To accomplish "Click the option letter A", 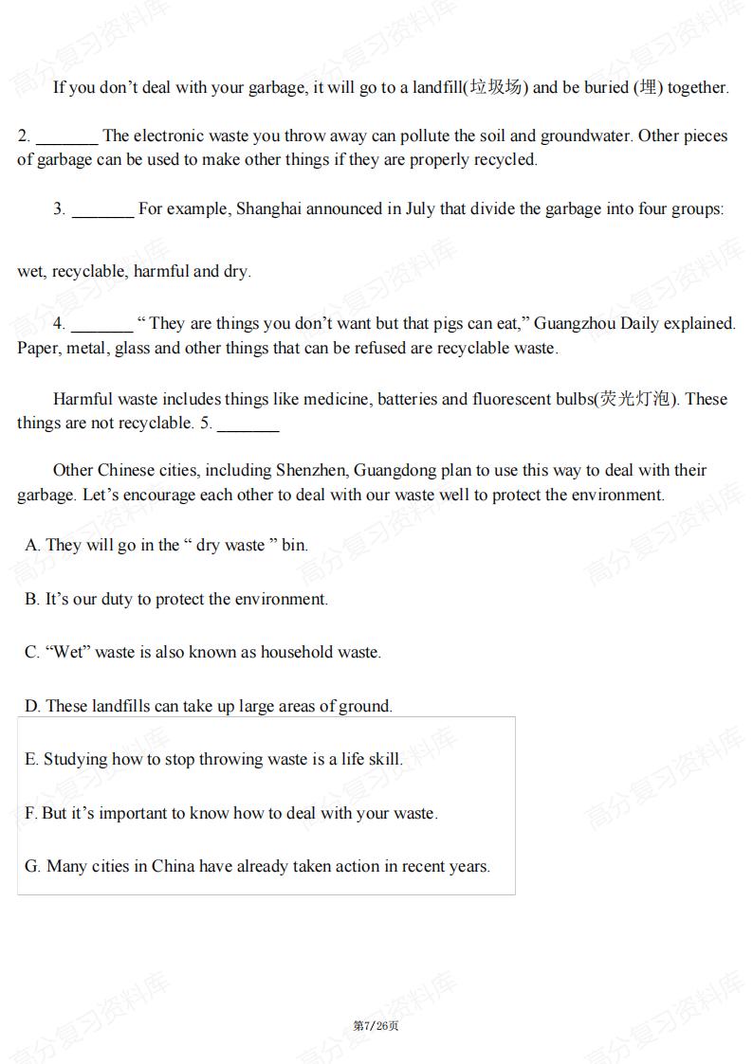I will pos(31,545).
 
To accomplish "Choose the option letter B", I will pos(31,599).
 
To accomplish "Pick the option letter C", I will pos(31,652).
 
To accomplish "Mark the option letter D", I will pos(31,706).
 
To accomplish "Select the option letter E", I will pos(31,759).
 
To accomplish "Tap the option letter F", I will pos(30,813).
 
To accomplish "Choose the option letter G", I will pos(32,866).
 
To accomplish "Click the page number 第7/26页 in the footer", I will pos(376,1026).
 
